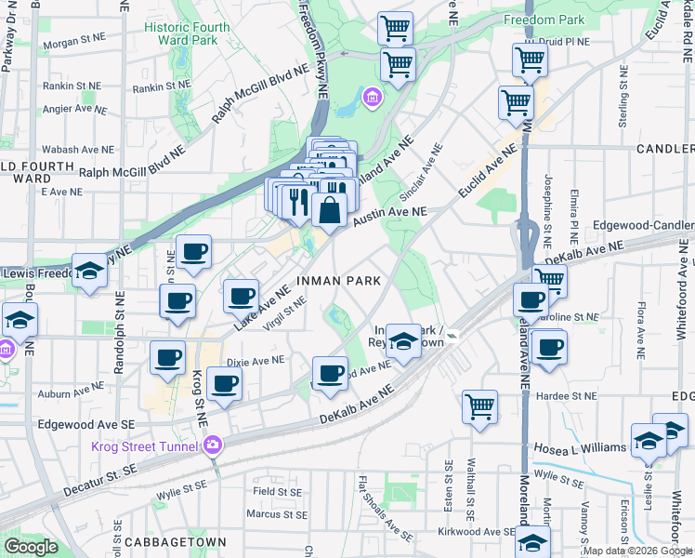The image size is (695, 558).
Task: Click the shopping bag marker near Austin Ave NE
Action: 329,211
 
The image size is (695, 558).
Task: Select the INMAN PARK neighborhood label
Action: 339,280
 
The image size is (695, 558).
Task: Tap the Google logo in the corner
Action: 31,547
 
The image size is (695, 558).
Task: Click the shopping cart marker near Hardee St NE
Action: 479,405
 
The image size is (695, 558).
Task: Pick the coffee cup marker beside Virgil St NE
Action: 241,297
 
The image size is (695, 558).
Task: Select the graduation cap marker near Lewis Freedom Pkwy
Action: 89,271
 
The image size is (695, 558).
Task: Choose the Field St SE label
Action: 277,491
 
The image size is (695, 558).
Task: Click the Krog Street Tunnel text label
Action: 144,446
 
